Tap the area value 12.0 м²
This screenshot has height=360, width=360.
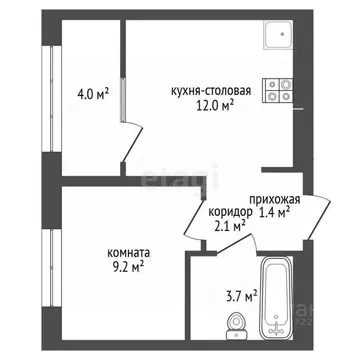point(213,103)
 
